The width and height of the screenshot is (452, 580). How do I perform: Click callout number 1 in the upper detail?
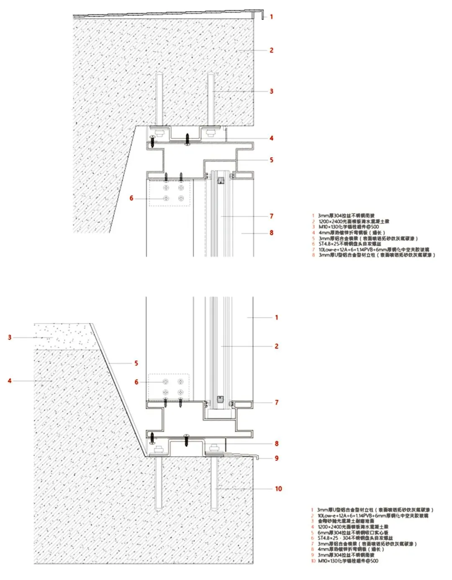coord(271,17)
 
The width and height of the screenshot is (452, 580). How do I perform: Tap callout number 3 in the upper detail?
coord(271,91)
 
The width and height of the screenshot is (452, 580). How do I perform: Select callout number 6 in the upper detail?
coord(131,198)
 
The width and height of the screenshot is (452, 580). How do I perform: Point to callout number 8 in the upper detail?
coord(271,233)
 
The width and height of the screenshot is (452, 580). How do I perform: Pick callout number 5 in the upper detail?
coord(271,160)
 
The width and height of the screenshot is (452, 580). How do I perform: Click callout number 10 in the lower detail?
coord(278,488)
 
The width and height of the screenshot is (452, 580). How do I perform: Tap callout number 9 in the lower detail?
coord(276,458)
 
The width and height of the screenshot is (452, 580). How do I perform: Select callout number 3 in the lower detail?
coord(10,337)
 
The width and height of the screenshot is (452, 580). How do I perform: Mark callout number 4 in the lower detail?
coord(10,381)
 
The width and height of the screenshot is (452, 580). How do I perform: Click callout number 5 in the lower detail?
coord(136,363)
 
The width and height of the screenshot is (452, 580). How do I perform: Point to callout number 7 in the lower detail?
coord(276,403)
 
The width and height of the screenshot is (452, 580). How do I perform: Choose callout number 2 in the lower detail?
coord(276,346)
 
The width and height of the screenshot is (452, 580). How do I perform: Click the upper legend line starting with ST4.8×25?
coord(349,244)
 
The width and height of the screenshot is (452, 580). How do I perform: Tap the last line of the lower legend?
coord(347,561)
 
